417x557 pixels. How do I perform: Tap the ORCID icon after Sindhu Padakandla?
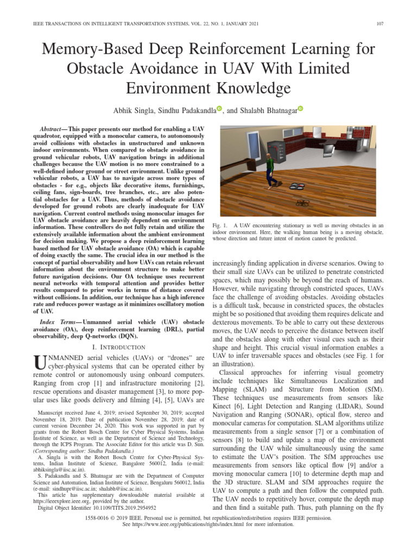pyautogui.click(x=219, y=109)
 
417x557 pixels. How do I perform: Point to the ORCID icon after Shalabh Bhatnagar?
pyautogui.click(x=300, y=109)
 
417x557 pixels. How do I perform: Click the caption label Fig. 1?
pyautogui.click(x=219, y=225)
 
